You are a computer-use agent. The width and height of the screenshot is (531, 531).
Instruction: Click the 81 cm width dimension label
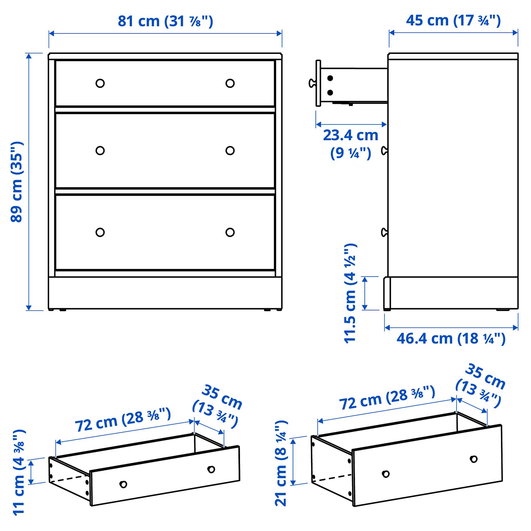[165, 21]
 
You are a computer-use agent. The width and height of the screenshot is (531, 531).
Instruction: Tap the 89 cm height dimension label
[17, 182]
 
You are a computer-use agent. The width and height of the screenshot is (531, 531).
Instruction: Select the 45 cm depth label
[453, 21]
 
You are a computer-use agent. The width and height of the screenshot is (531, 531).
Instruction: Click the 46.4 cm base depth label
[451, 339]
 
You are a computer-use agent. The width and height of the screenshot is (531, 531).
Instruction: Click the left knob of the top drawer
[100, 83]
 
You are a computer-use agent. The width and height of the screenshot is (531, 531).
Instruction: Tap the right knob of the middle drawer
[230, 150]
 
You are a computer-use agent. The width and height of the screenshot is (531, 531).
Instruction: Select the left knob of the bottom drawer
[100, 232]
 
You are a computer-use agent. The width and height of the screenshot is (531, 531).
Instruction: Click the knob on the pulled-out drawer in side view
[312, 83]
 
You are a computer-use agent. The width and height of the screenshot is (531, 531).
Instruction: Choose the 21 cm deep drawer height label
[281, 463]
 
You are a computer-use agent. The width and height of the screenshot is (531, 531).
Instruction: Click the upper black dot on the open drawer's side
[330, 78]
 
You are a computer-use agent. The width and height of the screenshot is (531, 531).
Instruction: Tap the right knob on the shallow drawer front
[211, 469]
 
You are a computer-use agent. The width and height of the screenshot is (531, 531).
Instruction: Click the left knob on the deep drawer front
[385, 474]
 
